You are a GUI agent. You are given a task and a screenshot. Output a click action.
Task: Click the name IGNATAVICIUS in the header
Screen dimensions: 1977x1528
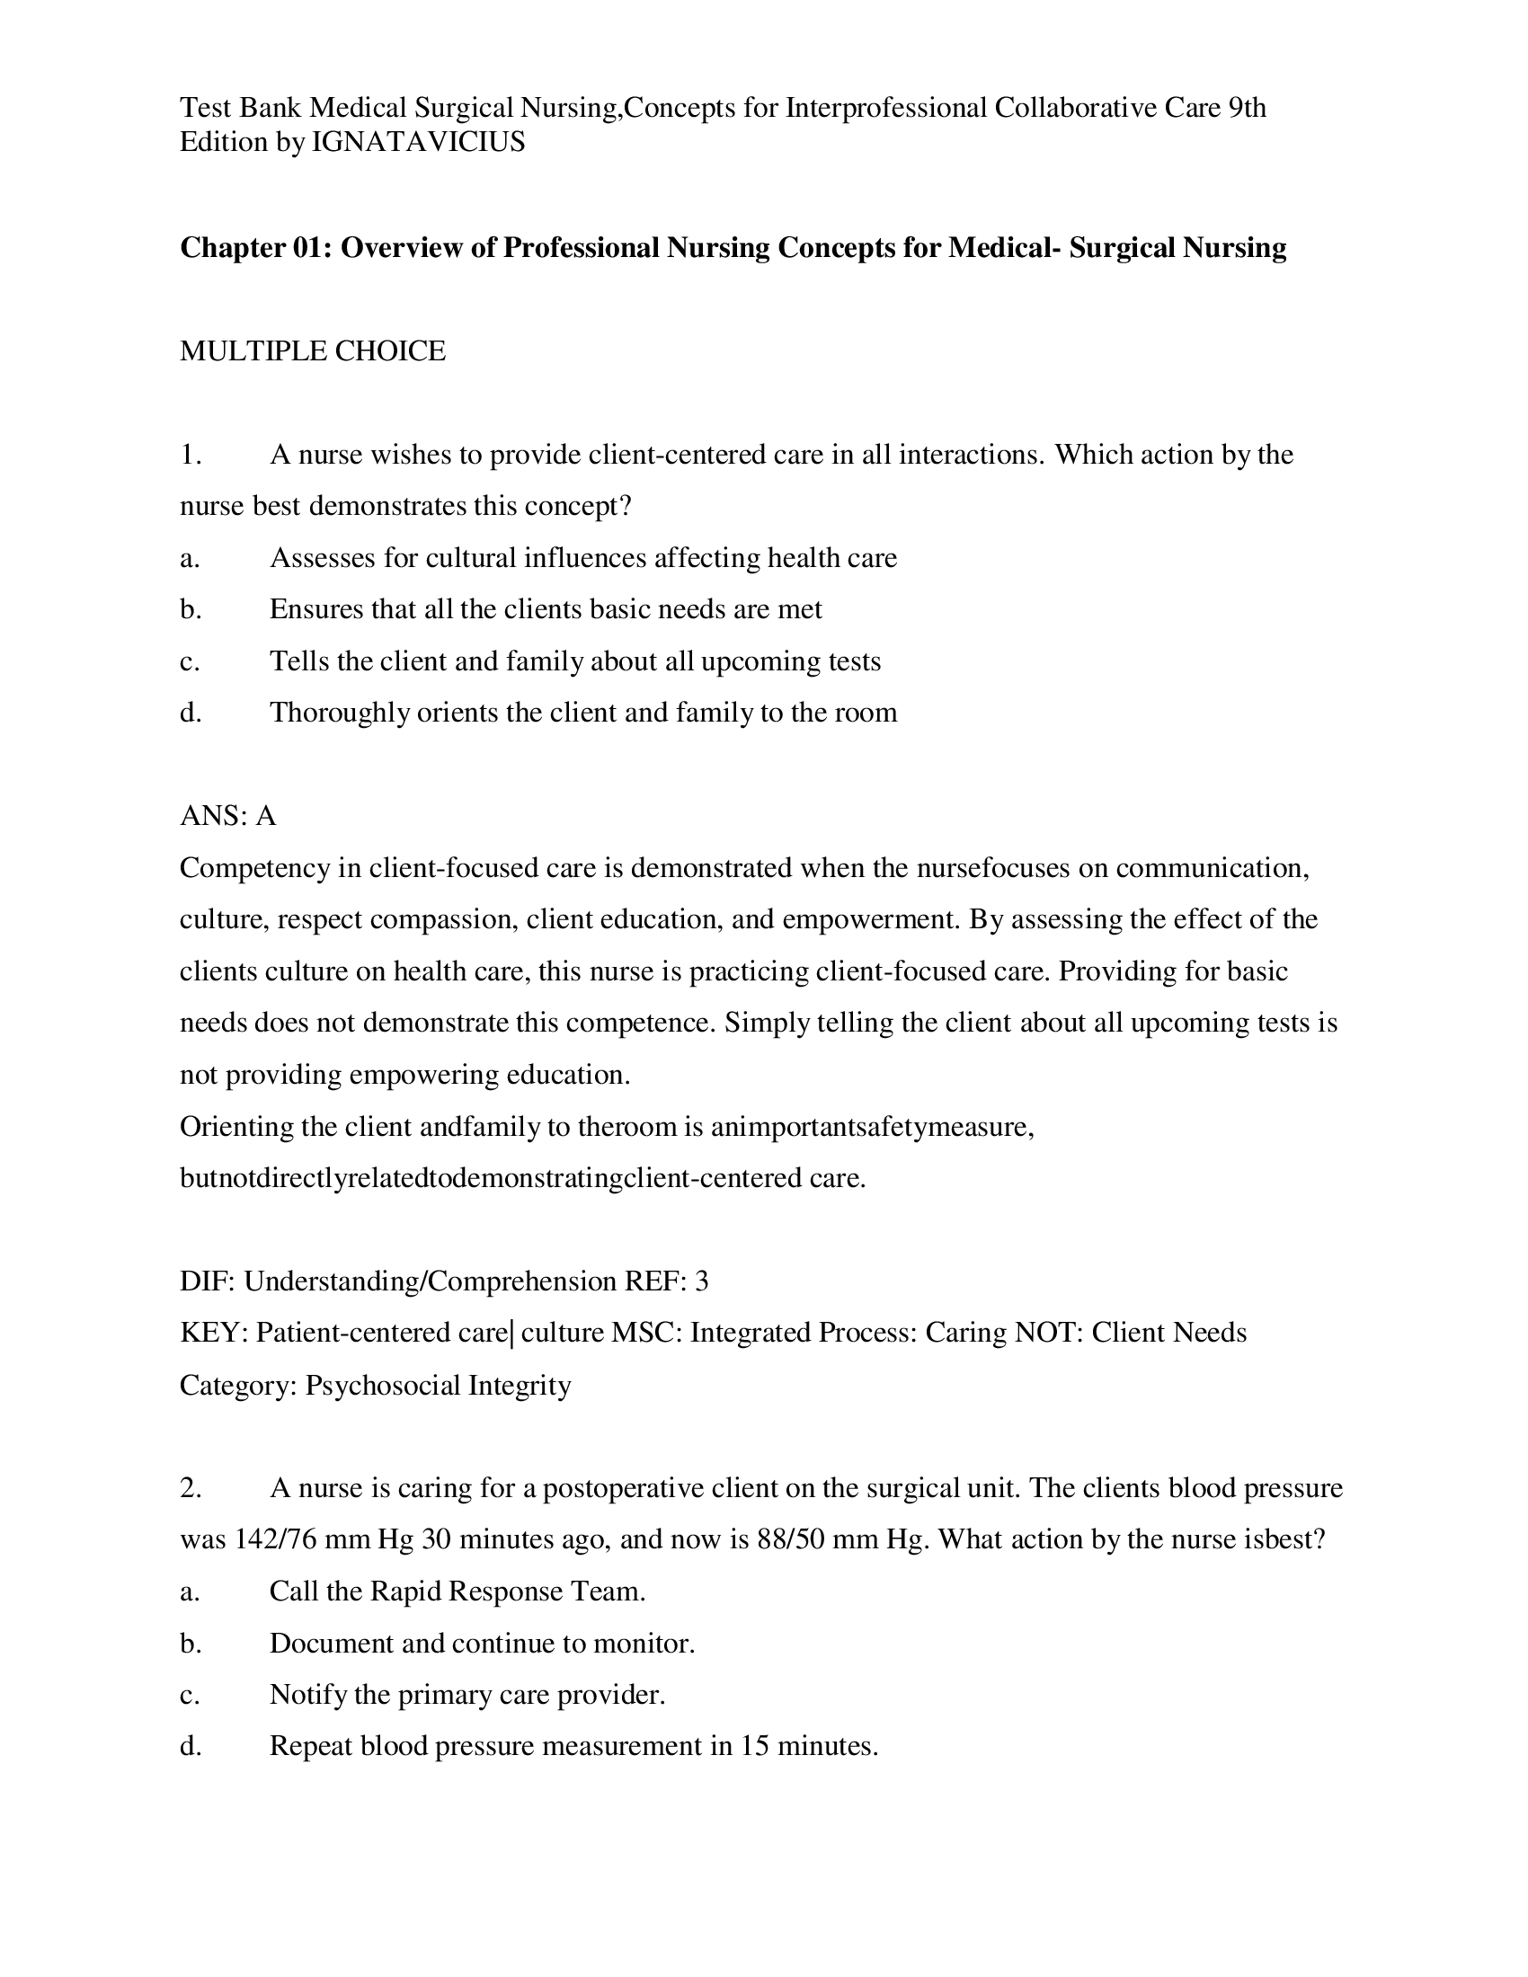pyautogui.click(x=417, y=142)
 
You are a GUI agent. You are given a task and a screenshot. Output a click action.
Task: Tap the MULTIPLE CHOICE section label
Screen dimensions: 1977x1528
pyautogui.click(x=312, y=350)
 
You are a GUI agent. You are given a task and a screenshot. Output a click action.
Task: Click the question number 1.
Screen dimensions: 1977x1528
pyautogui.click(x=190, y=455)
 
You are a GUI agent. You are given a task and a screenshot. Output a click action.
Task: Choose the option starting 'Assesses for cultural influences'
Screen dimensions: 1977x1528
pyautogui.click(x=582, y=558)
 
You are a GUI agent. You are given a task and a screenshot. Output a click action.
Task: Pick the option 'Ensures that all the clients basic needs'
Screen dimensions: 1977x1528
pyautogui.click(x=545, y=609)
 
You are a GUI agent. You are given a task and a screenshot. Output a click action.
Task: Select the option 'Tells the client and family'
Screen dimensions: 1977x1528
pyautogui.click(x=574, y=660)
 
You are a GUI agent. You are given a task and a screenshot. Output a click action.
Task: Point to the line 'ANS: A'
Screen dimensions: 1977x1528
pyautogui.click(x=227, y=816)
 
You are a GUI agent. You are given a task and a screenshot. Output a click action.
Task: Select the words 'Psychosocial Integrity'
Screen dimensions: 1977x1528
pyautogui.click(x=438, y=1385)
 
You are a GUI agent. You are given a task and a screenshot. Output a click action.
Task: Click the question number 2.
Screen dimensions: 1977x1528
pyautogui.click(x=190, y=1488)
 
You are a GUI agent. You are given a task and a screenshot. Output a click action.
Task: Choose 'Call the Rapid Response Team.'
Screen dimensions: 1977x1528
pyautogui.click(x=458, y=1591)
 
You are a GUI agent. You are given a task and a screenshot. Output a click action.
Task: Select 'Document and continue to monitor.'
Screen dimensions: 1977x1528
pyautogui.click(x=482, y=1643)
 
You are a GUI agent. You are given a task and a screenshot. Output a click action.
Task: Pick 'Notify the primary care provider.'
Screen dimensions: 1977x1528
pyautogui.click(x=467, y=1695)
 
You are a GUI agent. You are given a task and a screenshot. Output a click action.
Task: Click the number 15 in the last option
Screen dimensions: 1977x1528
pyautogui.click(x=754, y=1746)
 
